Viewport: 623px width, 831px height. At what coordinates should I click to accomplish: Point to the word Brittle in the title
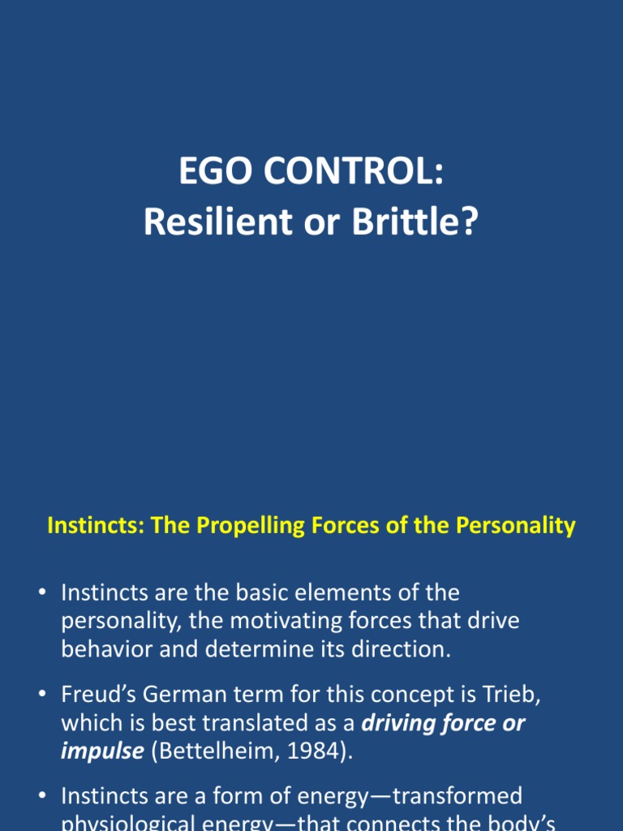pos(422,222)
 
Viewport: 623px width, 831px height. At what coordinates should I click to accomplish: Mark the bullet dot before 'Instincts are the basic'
pos(42,593)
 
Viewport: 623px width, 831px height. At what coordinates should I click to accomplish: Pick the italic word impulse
pos(101,751)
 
